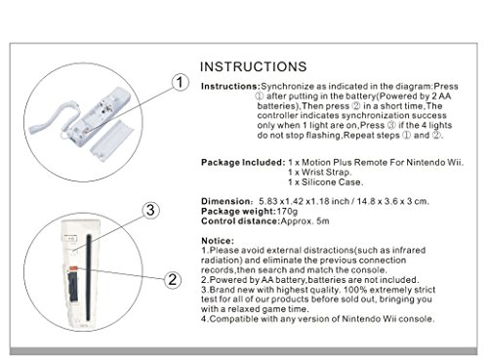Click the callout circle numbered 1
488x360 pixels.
coord(179,84)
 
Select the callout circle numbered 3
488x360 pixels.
coord(149,210)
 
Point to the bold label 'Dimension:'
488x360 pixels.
coord(225,200)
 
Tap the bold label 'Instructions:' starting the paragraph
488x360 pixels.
coord(229,87)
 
